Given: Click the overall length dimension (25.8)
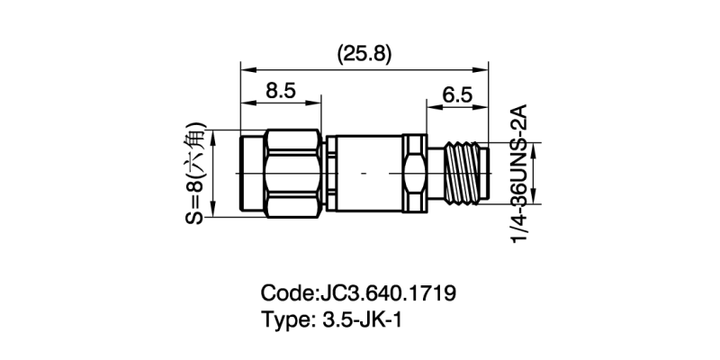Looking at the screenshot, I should pos(364,54).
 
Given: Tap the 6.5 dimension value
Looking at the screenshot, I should pos(457,94).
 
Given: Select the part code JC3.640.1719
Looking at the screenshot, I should pos(388,294).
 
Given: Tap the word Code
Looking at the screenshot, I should pos(286,294).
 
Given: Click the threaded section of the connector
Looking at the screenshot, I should pos(466,172).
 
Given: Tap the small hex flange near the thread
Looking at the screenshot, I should pos(413,172).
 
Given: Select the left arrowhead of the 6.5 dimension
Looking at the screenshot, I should pos(429,108).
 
